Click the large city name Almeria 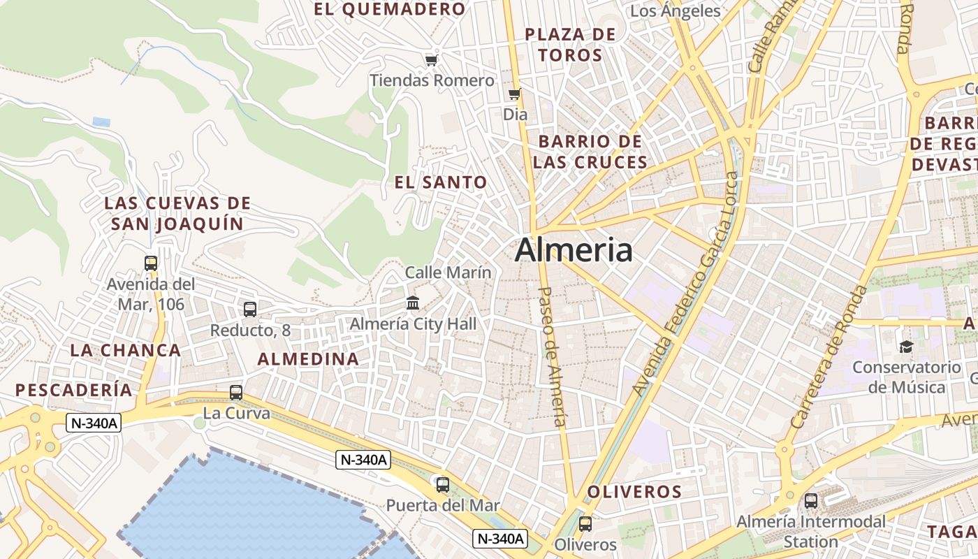click(x=574, y=250)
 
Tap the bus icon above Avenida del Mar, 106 click(x=151, y=263)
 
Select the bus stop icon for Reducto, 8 click(x=250, y=309)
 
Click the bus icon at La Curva click(x=236, y=393)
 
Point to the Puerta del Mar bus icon click(x=442, y=484)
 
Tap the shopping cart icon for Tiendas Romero click(x=431, y=61)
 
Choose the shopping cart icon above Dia click(x=515, y=94)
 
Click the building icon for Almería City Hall click(x=413, y=303)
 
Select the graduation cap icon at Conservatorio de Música click(x=906, y=347)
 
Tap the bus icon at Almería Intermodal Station click(x=810, y=500)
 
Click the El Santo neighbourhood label click(x=441, y=183)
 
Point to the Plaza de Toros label click(x=570, y=45)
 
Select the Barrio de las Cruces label click(x=590, y=152)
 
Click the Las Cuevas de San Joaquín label click(x=177, y=214)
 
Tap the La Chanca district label click(x=125, y=351)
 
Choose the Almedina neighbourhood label click(x=308, y=359)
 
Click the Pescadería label click(x=74, y=390)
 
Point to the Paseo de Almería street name click(x=553, y=356)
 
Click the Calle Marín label click(x=448, y=273)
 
